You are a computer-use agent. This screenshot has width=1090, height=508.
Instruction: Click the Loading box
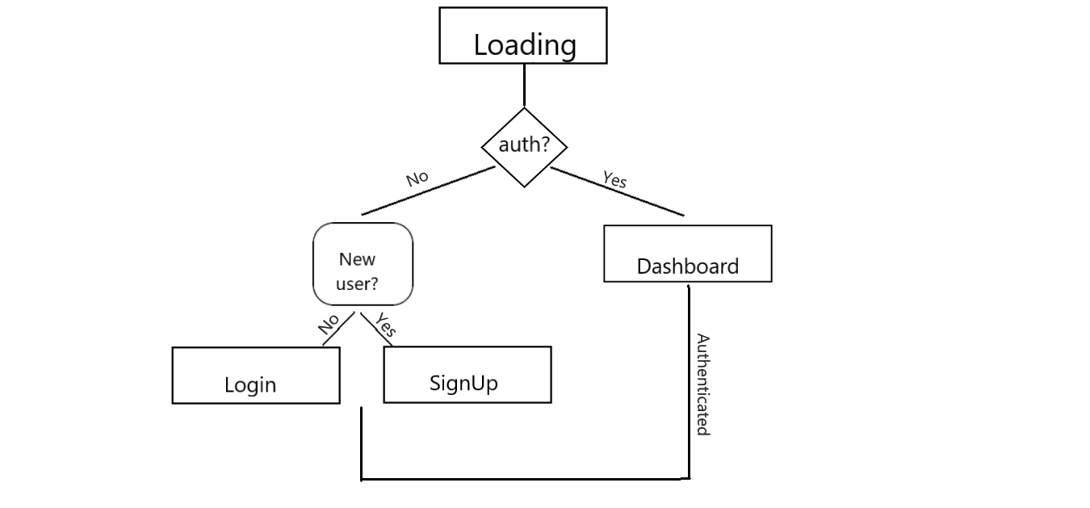tap(523, 35)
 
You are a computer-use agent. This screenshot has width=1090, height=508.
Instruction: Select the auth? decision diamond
tap(524, 147)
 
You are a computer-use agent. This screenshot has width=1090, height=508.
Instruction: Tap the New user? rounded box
tap(363, 264)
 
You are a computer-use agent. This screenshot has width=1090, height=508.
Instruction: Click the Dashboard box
tap(688, 254)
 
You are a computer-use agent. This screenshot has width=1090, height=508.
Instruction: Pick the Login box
tap(256, 376)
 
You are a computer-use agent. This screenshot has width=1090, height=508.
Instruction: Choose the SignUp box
tap(467, 375)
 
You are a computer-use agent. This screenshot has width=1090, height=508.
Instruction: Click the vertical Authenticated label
tap(703, 384)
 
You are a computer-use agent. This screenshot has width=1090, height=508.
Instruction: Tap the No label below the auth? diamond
tap(417, 178)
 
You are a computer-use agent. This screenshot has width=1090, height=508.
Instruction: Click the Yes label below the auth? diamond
tap(614, 179)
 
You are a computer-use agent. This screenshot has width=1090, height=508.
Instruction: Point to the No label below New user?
tap(329, 324)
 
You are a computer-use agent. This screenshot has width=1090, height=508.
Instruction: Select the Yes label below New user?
tap(386, 325)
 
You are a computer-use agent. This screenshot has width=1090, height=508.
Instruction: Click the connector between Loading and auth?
tap(524, 85)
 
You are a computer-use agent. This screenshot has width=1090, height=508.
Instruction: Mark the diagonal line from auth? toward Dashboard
tap(617, 191)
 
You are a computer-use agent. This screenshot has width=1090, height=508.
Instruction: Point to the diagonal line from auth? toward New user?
tap(428, 191)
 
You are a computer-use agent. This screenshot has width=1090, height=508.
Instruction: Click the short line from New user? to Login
tap(338, 329)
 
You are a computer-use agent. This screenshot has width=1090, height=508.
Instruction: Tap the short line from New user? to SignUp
tap(376, 330)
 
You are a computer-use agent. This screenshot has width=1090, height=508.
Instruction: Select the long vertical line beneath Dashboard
tap(689, 383)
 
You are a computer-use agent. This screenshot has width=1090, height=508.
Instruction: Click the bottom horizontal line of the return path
tap(526, 479)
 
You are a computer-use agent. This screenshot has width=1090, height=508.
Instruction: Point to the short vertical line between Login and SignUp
tap(362, 443)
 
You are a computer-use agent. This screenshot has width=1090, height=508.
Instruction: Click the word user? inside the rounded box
tap(357, 284)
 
